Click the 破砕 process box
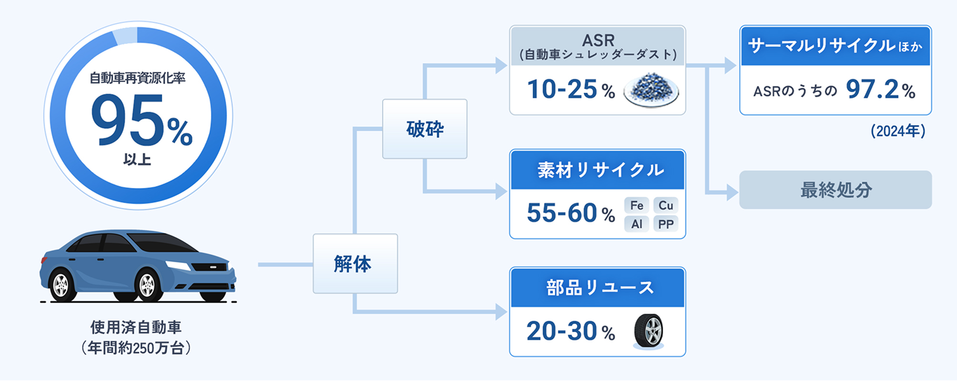pyautogui.click(x=424, y=129)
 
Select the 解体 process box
pyautogui.click(x=355, y=264)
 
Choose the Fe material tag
pyautogui.click(x=637, y=205)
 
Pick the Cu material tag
pyautogui.click(x=665, y=205)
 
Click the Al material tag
pyautogui.click(x=637, y=224)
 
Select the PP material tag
pyautogui.click(x=665, y=224)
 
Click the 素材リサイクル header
pyautogui.click(x=597, y=170)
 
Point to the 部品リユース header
pyautogui.click(x=597, y=287)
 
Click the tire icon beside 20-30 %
pyautogui.click(x=649, y=331)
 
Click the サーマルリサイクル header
pyautogui.click(x=835, y=46)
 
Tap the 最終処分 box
pyautogui.click(x=835, y=190)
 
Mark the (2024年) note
pyautogui.click(x=897, y=131)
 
